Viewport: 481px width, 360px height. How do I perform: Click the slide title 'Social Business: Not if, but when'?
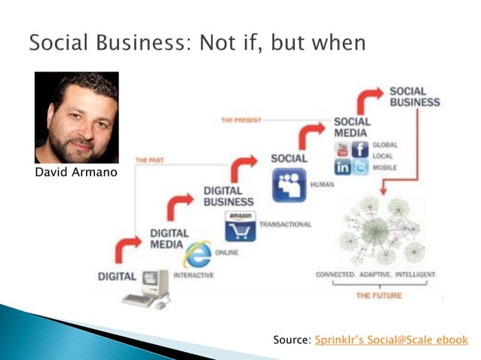pos(197,41)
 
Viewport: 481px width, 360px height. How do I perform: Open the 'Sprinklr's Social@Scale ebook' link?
pos(391,340)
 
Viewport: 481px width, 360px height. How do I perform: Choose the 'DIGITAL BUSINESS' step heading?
pos(228,196)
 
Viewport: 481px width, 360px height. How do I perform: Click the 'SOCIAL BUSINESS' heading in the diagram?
pos(414,96)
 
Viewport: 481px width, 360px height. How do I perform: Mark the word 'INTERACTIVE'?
pos(193,276)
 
